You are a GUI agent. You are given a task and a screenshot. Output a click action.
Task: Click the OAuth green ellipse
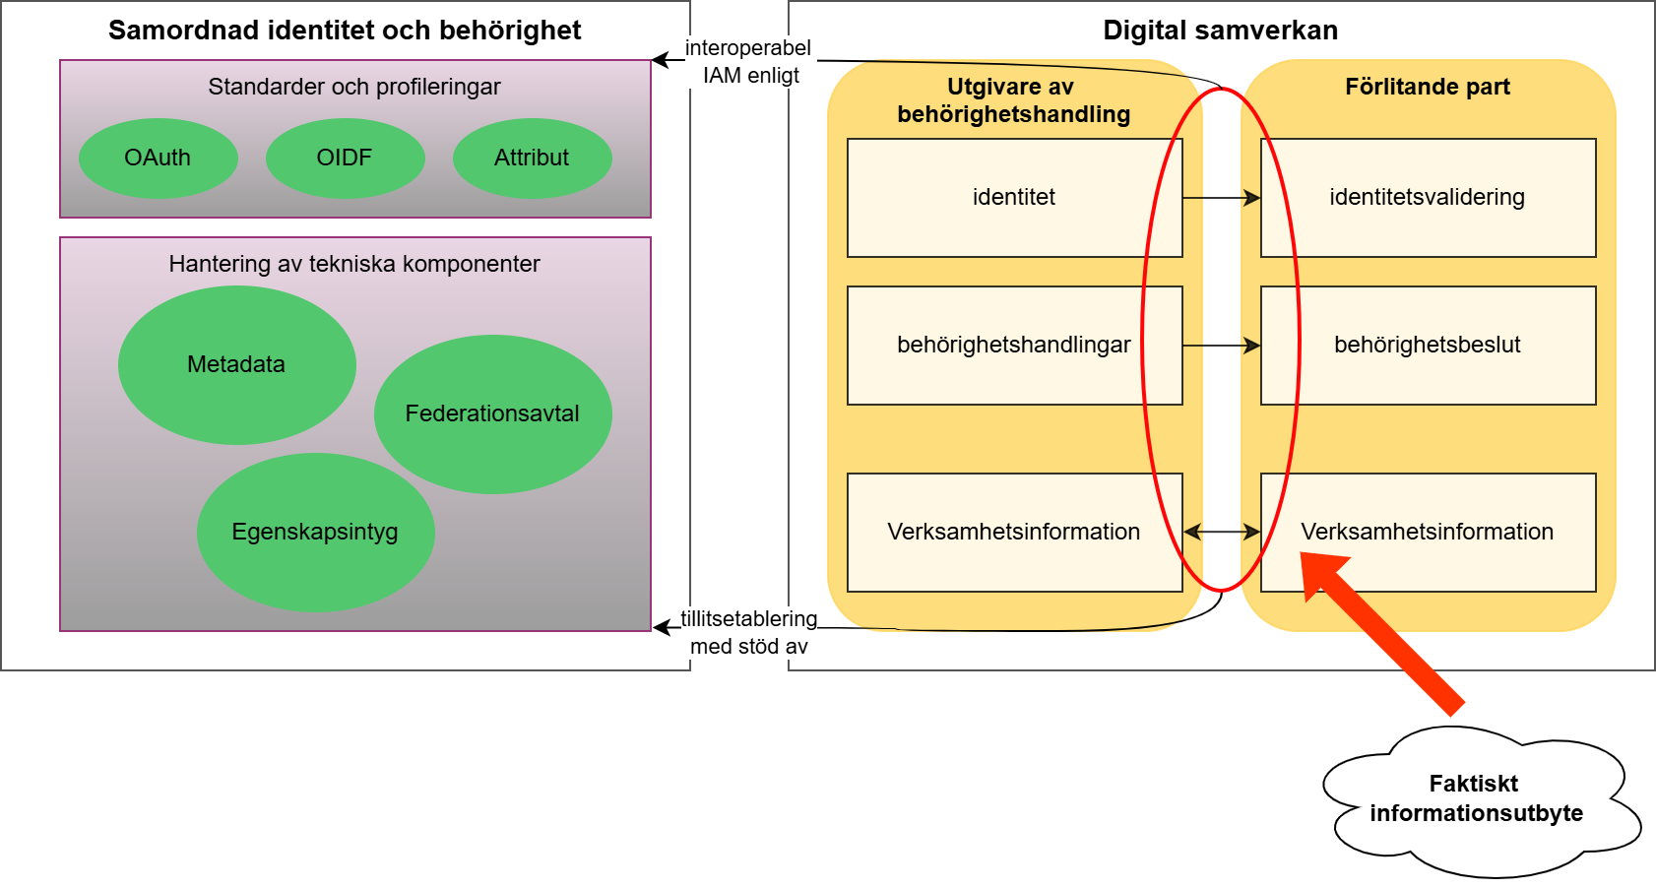(158, 158)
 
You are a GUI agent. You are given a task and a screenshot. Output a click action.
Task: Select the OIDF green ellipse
(345, 158)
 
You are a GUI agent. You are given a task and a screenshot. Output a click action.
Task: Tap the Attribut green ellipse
(532, 158)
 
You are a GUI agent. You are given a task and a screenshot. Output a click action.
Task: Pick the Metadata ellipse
(236, 364)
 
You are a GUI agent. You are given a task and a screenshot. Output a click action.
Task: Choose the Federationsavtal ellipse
(492, 413)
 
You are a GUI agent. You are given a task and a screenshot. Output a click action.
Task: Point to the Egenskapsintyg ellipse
(315, 532)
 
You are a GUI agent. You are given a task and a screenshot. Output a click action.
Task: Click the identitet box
(1014, 197)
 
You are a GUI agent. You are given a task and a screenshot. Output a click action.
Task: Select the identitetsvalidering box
(1428, 197)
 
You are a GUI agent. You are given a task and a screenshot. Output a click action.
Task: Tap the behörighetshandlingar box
(1014, 345)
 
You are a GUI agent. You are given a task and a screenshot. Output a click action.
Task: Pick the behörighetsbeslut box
(1428, 345)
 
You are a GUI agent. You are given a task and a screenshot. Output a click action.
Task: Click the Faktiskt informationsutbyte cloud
(1477, 799)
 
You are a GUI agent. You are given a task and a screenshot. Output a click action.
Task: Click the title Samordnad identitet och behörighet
(345, 31)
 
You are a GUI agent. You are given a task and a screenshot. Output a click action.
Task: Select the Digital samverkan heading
(1220, 31)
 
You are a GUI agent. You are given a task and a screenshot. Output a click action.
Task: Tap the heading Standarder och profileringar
(354, 87)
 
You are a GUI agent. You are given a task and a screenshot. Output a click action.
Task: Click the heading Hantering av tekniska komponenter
(354, 264)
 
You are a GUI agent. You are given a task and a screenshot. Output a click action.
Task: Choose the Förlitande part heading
(1428, 87)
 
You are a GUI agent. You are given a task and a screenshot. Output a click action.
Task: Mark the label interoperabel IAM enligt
(749, 61)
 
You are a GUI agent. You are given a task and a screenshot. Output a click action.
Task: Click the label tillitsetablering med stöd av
(749, 632)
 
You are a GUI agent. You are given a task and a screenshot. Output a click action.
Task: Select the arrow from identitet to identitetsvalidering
(1221, 198)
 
